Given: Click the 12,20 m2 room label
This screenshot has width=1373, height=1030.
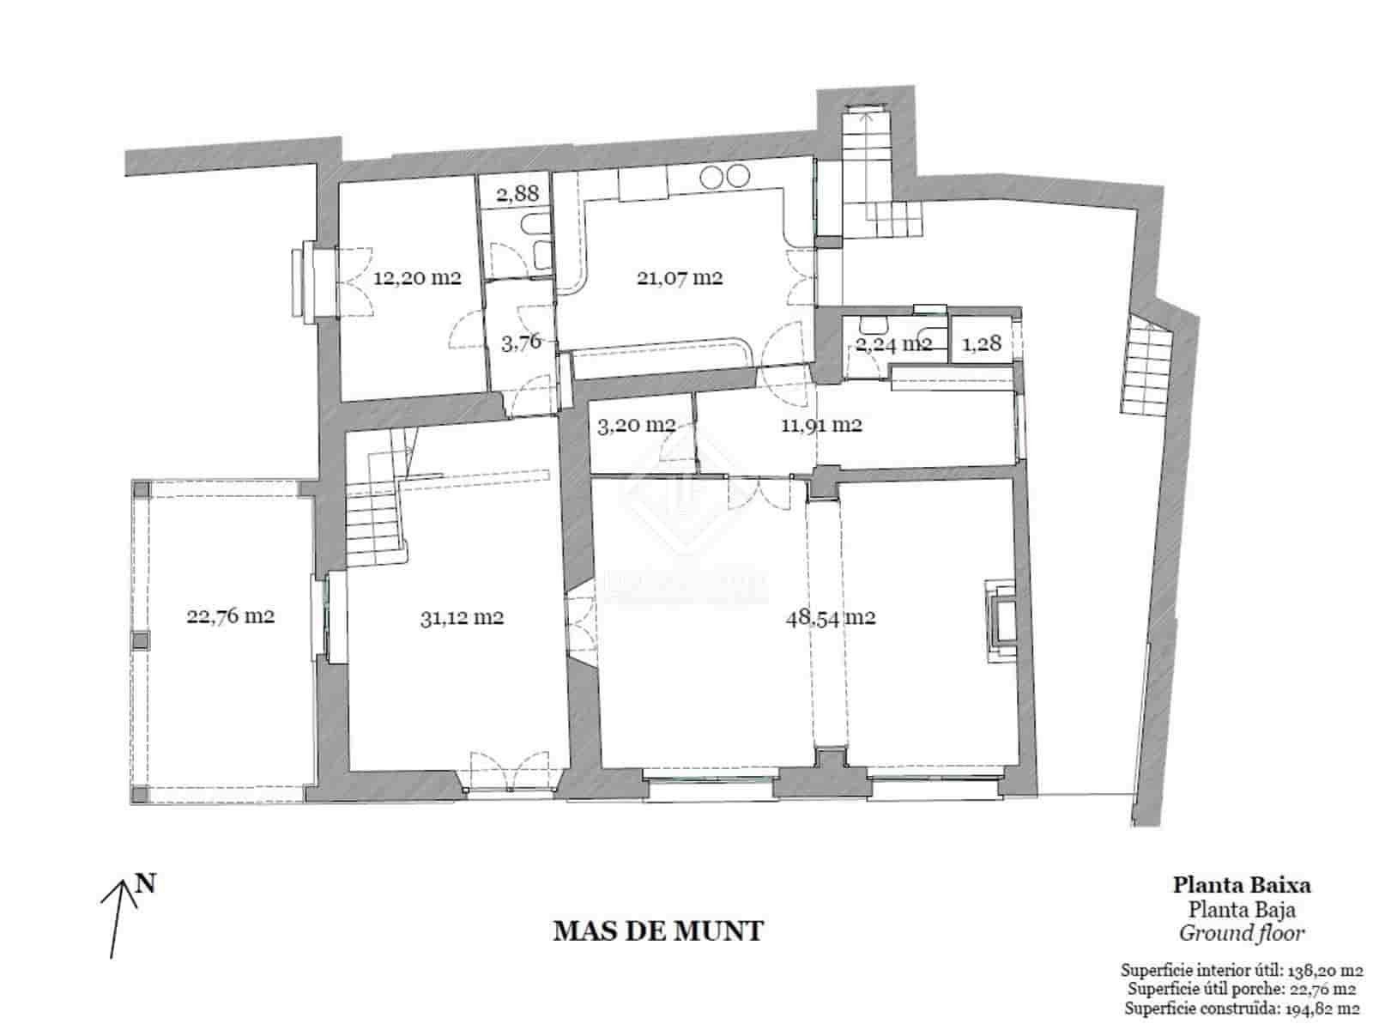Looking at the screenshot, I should pos(417,278).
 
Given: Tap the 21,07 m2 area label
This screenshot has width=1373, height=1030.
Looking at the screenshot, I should pos(679,278).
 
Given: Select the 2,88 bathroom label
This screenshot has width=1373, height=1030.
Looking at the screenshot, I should pos(517,193).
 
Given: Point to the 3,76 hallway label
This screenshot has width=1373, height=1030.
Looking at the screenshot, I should pos(521,342).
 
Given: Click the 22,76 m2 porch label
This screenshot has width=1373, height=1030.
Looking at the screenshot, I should pos(230,615).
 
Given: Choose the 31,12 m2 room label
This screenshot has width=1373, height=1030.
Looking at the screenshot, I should pos(462,617).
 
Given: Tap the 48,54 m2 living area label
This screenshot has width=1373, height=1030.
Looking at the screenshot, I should pos(830,617).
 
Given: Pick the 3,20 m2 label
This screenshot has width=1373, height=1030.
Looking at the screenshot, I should pos(634,424).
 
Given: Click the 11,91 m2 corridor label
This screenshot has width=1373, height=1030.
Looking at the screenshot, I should pos(821,424).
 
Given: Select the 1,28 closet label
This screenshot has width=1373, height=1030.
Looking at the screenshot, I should pos(982,343).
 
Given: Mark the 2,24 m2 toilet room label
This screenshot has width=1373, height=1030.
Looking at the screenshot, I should pos(893,344).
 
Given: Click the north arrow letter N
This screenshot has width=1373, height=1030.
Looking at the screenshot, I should pos(146,883).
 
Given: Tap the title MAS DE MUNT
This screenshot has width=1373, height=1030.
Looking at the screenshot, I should pos(658,931).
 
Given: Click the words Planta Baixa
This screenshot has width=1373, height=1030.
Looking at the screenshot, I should pos(1242,885).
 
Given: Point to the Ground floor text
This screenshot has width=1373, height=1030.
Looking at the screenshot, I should pos(1241,933).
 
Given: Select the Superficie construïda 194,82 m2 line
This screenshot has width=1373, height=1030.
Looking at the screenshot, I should pos(1241,1009).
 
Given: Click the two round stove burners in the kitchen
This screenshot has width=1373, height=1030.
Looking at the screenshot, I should pos(724,177).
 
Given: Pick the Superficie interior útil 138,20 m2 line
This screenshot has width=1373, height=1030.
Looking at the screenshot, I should pos(1241,971).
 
